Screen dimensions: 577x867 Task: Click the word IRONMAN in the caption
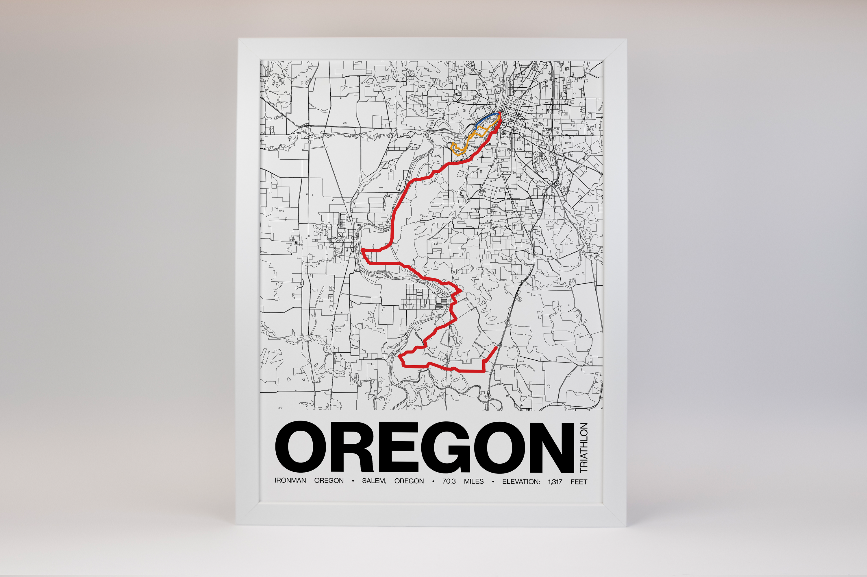(x=290, y=481)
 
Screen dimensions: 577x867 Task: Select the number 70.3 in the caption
(x=449, y=481)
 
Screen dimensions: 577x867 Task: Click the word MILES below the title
(x=474, y=481)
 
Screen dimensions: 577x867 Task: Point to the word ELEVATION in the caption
(x=521, y=481)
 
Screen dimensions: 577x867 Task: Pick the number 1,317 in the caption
(x=555, y=481)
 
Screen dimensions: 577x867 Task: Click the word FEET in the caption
(x=579, y=481)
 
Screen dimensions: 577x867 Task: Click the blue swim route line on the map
(x=486, y=119)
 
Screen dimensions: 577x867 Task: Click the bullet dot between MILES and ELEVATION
(x=493, y=481)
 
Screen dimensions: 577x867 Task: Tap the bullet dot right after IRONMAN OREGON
(x=353, y=481)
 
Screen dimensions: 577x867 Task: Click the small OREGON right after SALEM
(x=409, y=481)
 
